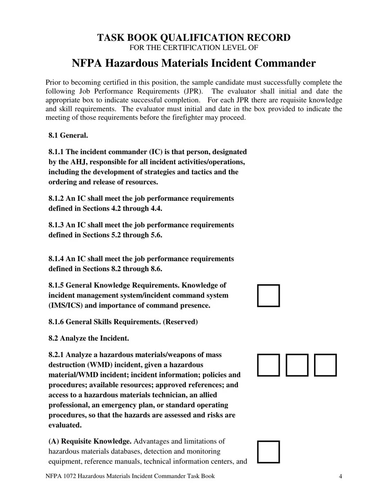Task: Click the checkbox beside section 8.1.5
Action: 268,296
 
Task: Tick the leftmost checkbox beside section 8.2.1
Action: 268,365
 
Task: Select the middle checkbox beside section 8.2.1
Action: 297,365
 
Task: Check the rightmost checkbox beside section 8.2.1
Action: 325,365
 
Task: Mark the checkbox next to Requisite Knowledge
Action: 268,452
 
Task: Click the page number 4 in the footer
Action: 340,476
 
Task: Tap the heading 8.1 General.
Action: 68,135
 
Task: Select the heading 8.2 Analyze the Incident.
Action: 89,338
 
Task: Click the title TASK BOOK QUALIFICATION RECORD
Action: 194,38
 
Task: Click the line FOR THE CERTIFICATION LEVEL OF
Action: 194,48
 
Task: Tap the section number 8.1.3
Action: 56,225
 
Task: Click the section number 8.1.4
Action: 56,259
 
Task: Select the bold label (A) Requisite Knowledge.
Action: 90,442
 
